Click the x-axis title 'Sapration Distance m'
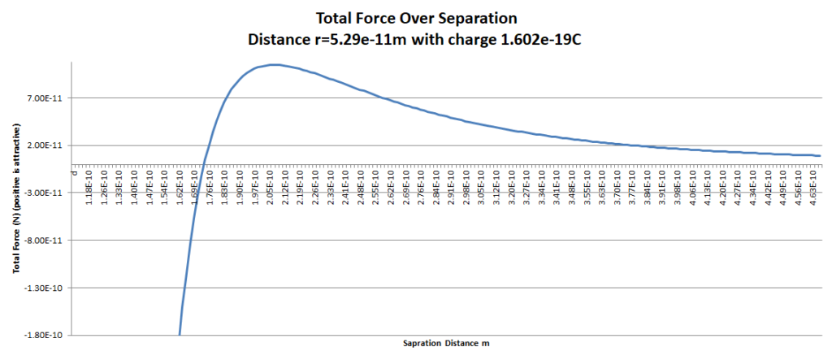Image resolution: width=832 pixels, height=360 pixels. coord(445,344)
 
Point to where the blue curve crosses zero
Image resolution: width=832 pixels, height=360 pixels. coord(203,165)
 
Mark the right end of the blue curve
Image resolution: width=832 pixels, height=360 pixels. coord(821,156)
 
